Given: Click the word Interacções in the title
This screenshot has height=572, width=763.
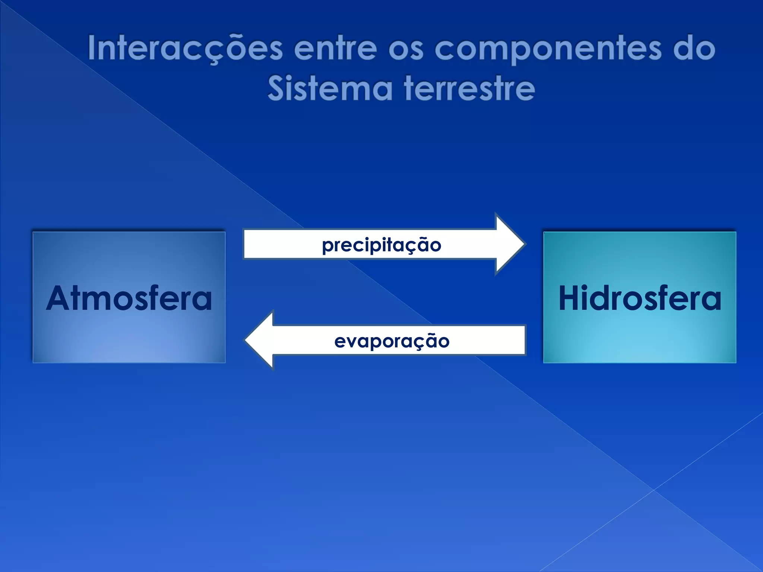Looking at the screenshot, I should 185,48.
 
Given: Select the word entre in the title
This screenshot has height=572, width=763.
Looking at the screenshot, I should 335,48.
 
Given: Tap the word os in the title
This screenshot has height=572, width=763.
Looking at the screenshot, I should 406,49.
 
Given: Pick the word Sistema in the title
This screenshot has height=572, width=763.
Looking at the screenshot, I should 330,89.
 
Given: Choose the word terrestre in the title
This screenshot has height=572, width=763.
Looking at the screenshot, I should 469,89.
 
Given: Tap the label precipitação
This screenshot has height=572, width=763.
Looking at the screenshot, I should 381,245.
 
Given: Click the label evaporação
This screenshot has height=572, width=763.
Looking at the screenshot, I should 392,341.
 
